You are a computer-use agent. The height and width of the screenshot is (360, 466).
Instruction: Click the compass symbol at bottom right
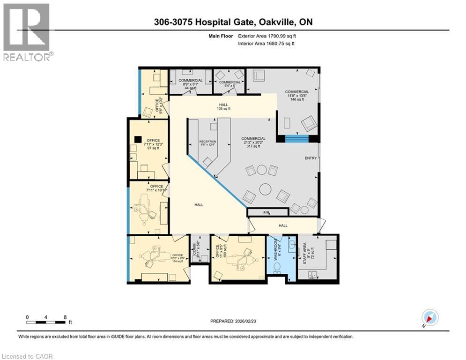point(430,317)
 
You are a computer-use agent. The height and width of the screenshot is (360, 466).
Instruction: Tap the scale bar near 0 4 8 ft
point(46,322)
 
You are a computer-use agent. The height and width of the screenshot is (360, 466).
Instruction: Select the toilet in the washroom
point(277,268)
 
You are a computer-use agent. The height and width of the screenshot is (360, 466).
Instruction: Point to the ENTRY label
point(311,158)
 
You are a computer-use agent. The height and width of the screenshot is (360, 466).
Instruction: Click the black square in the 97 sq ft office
point(137,139)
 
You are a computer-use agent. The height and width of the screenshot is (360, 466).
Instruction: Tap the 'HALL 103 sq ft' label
point(223,106)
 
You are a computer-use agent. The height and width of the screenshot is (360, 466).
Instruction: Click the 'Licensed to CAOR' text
point(28,356)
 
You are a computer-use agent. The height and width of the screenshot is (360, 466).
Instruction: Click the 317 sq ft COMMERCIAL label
point(253,142)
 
